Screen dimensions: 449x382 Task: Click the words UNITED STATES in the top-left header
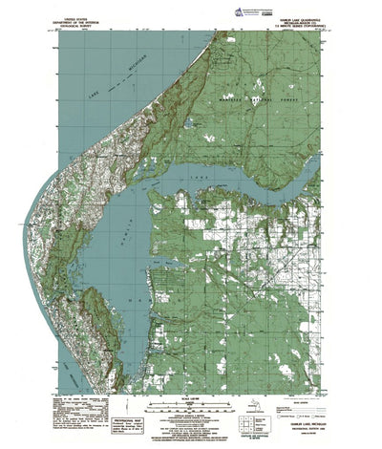(77, 16)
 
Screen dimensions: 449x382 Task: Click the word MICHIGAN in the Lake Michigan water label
(118, 74)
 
